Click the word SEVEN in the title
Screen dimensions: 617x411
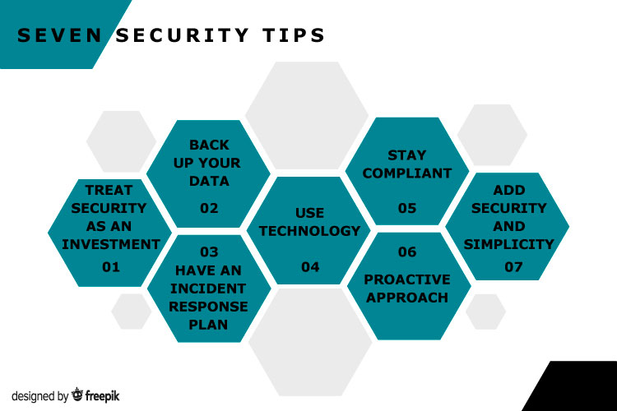[60, 35]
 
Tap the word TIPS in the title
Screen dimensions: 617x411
[294, 35]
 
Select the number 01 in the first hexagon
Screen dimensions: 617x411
[110, 267]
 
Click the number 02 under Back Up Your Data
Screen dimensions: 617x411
[209, 208]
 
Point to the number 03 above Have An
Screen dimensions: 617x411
[209, 252]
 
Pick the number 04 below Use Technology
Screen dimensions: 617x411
[310, 267]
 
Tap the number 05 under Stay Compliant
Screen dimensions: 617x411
[407, 208]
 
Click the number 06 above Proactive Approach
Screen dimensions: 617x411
[407, 252]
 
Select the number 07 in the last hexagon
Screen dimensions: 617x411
[513, 267]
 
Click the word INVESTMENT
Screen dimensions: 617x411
[110, 244]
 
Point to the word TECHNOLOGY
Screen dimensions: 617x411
[309, 231]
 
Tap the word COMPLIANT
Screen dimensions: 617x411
[407, 173]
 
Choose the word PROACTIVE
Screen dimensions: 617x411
[407, 279]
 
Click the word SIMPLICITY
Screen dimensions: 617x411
[508, 244]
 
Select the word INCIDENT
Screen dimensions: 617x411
[208, 289]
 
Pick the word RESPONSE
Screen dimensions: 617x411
[208, 307]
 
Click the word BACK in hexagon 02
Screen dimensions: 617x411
[209, 145]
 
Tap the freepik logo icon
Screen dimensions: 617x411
[77, 395]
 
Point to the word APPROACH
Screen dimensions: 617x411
[407, 298]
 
